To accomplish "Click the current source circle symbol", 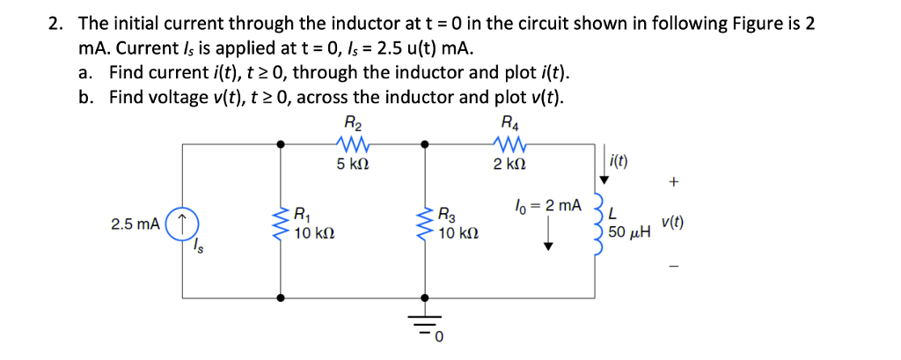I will (x=182, y=224).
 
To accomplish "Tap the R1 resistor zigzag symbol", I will (x=282, y=224).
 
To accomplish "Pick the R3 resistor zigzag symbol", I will (x=426, y=224).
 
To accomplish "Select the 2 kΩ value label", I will (x=509, y=164).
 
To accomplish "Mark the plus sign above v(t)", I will (x=674, y=183).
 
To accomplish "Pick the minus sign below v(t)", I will (x=673, y=264).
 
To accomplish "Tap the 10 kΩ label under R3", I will (x=458, y=235).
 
